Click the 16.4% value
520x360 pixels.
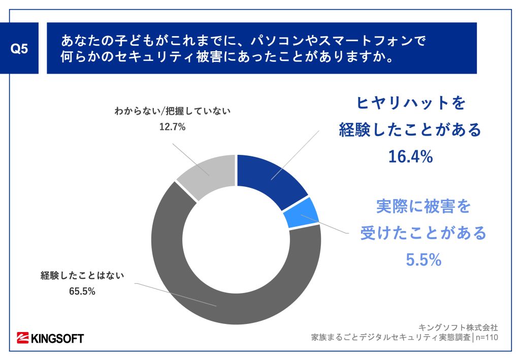pos(410,157)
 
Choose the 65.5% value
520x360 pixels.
pos(83,291)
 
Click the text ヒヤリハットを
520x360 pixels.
pos(409,104)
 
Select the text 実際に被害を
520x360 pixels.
pos(423,207)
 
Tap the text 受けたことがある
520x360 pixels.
pos(423,233)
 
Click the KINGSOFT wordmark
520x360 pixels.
pos(57,338)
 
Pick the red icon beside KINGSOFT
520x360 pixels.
pos(23,338)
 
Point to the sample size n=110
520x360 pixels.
pos(486,337)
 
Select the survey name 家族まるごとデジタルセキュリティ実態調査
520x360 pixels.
pos(391,337)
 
